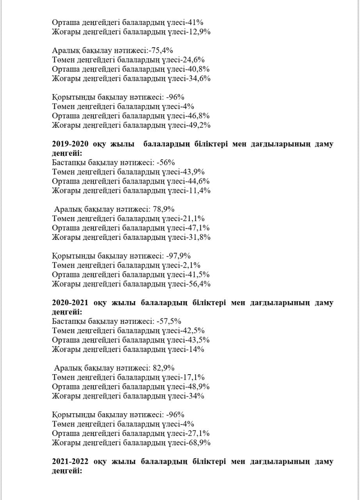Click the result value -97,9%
point(178,256)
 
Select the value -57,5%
point(169,321)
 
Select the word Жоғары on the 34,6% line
point(64,79)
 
